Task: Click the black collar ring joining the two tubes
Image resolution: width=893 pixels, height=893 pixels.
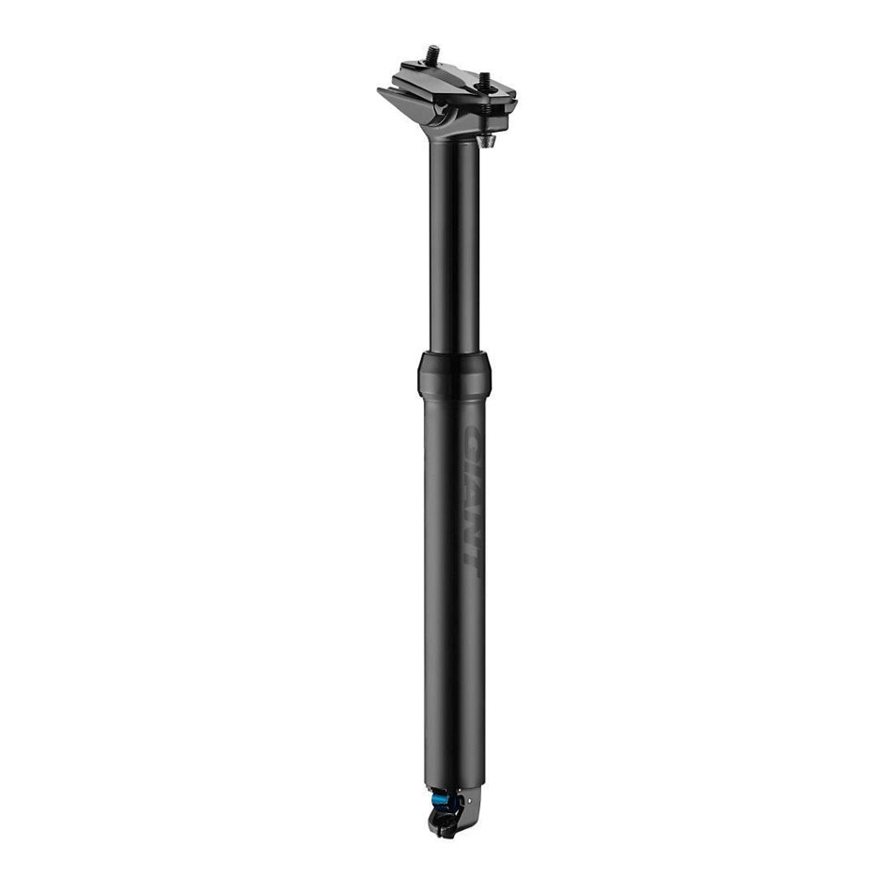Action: (x=455, y=370)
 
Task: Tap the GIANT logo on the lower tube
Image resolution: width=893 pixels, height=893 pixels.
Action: (x=472, y=498)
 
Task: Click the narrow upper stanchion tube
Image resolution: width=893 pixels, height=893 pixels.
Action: (x=455, y=244)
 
